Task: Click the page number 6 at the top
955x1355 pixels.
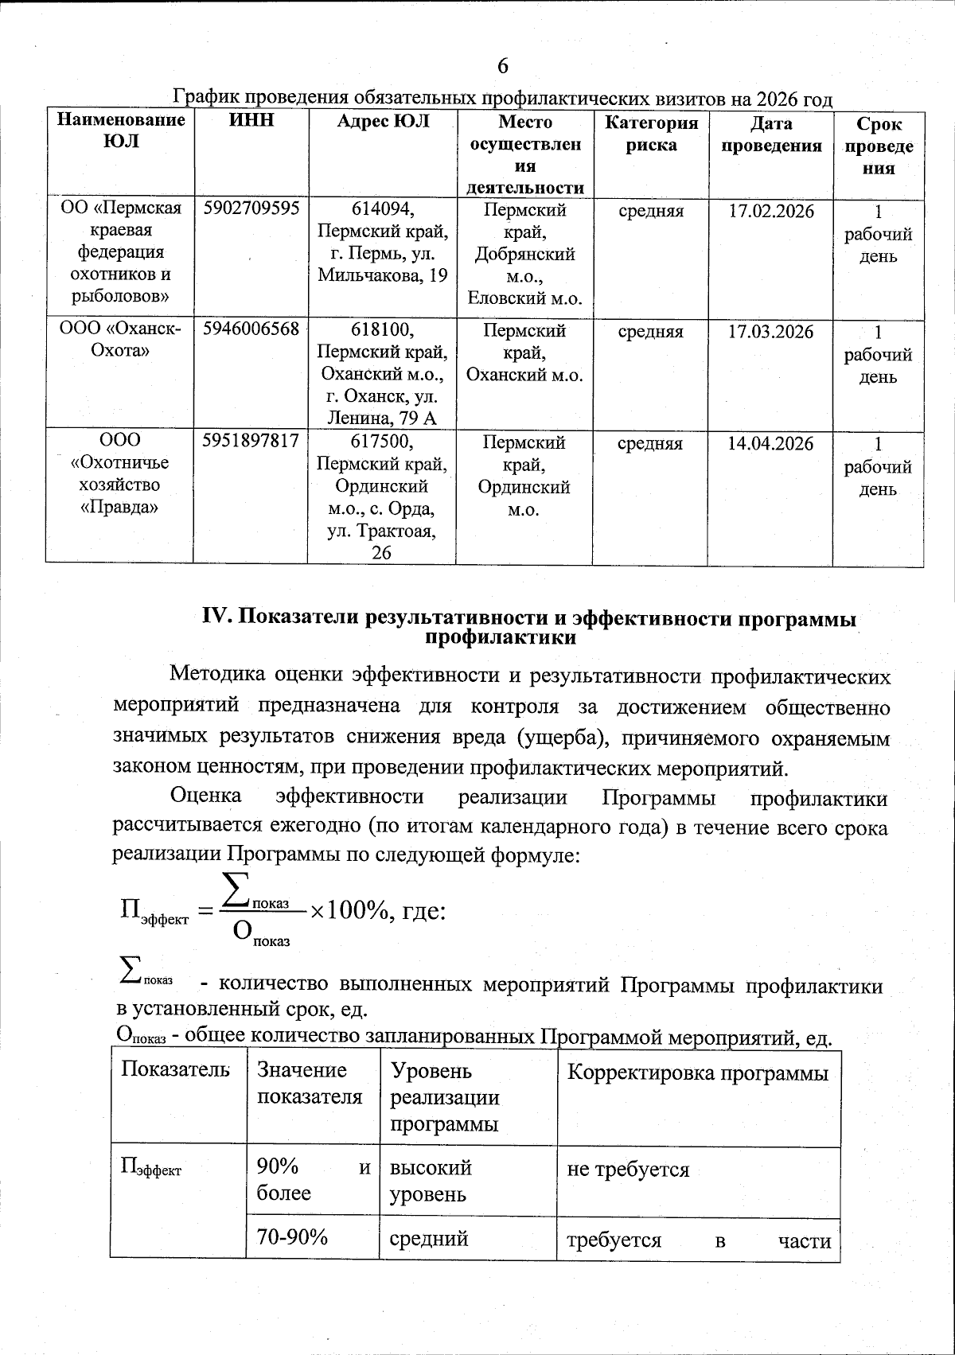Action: tap(502, 66)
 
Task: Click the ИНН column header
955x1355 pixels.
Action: tap(251, 121)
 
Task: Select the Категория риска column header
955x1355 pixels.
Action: tap(651, 134)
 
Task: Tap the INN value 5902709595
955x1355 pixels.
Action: tap(251, 208)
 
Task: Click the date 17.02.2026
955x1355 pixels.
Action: tap(771, 212)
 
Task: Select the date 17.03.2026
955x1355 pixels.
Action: tap(771, 332)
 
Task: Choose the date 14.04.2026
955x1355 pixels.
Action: tap(770, 444)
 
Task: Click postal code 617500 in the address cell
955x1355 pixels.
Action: tap(382, 442)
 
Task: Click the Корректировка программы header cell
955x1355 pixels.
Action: tap(698, 1073)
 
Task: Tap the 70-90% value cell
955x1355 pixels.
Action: tap(292, 1238)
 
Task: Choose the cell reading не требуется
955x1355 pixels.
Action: tap(628, 1170)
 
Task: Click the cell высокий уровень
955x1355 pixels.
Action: tap(431, 1181)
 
